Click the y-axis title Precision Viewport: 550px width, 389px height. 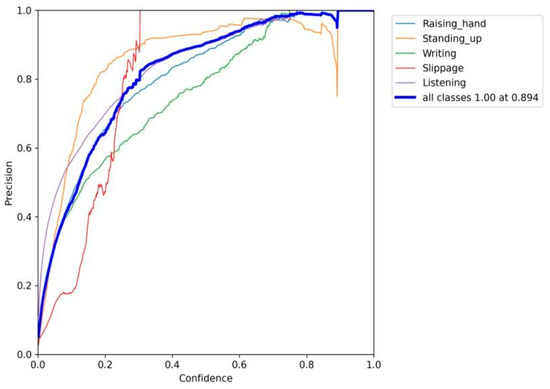click(9, 182)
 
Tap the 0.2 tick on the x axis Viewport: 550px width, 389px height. click(105, 365)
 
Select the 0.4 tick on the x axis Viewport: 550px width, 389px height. click(172, 365)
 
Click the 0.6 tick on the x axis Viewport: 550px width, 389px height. click(239, 365)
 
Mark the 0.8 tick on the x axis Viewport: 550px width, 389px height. click(306, 365)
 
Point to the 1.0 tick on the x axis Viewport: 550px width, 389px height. click(373, 365)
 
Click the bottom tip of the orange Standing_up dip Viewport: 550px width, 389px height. click(337, 96)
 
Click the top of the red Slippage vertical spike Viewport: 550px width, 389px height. click(140, 11)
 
